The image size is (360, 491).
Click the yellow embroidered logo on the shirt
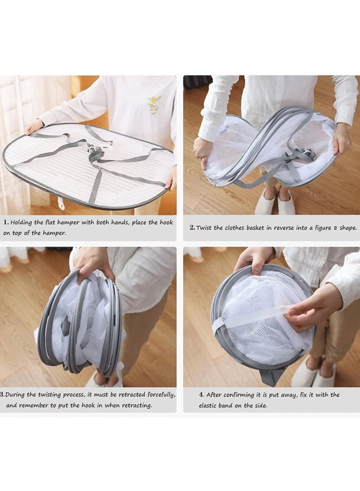point(154,104)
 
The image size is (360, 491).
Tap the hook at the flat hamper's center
point(98,152)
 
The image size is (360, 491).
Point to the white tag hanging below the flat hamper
point(61,203)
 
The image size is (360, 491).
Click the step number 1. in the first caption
point(6,223)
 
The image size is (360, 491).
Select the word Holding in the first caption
point(24,223)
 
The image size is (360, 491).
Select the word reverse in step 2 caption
point(280,227)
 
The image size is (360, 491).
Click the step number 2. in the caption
point(192,227)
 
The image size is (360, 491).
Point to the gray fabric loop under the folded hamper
point(271,375)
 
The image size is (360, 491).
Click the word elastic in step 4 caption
point(211,405)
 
